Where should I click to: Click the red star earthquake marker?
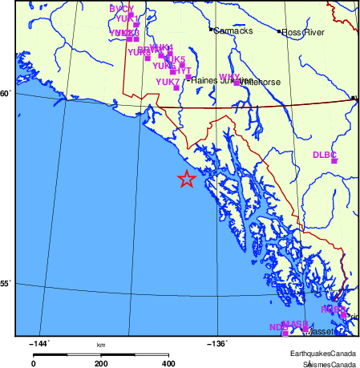point(186,180)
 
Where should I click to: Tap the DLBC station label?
point(324,155)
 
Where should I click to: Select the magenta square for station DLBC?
point(334,161)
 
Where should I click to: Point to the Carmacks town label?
point(233,30)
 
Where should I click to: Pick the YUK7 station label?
point(167,82)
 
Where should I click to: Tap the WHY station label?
point(229,77)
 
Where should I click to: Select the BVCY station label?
point(121,8)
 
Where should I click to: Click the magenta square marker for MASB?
point(305,329)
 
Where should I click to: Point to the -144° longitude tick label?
point(38,344)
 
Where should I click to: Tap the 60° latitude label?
point(6,94)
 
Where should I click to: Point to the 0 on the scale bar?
point(33,363)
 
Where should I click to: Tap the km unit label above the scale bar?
point(101,346)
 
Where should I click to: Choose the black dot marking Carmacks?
point(211,30)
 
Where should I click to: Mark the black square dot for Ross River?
point(280,32)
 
